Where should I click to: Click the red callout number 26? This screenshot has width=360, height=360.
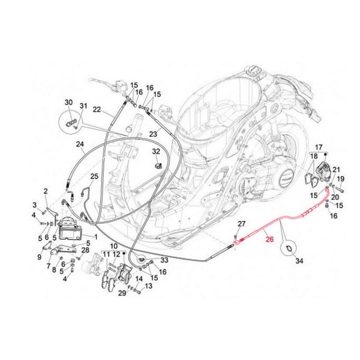(x=268, y=238)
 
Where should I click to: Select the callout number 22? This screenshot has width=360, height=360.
(x=97, y=110)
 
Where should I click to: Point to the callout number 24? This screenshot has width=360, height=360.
(x=79, y=144)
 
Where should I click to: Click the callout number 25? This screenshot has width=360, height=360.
(x=94, y=176)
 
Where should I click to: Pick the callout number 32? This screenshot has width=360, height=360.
(x=155, y=151)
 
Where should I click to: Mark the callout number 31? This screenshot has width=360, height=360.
(x=83, y=107)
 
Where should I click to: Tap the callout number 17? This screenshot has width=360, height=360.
(x=319, y=147)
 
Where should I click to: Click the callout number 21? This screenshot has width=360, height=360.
(x=336, y=170)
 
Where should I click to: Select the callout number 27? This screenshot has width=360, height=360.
(x=241, y=224)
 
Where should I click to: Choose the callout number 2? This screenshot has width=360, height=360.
(x=45, y=191)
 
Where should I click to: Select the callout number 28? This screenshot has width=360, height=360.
(x=85, y=250)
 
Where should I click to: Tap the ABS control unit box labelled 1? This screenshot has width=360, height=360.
(x=71, y=230)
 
